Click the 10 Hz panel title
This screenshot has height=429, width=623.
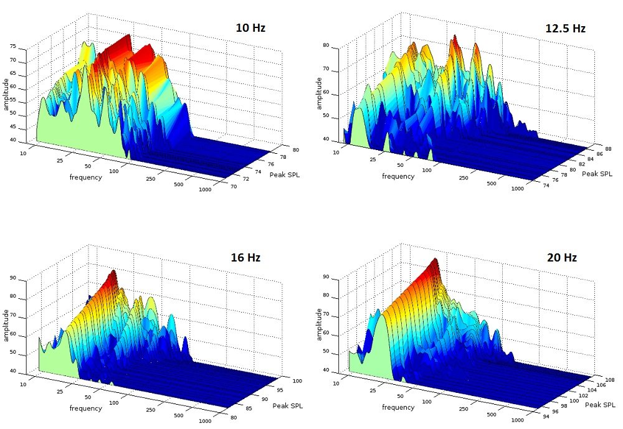click(250, 27)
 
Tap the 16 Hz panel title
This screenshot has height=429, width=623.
click(245, 258)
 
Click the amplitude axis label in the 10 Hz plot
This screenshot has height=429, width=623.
click(6, 92)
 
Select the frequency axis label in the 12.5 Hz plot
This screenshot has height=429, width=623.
click(397, 176)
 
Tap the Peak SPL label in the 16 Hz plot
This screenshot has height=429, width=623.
click(286, 405)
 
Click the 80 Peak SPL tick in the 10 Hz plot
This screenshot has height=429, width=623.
click(277, 149)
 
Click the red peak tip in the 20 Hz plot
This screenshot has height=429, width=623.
click(435, 260)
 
